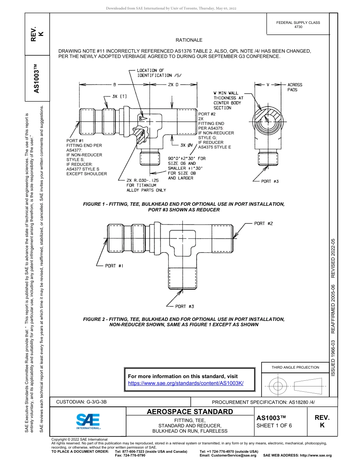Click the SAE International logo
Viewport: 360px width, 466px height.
coord(88,421)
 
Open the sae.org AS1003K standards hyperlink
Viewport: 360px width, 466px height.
coord(186,383)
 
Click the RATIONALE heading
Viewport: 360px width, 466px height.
coord(189,40)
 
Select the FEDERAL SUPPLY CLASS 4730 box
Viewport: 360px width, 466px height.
coord(298,25)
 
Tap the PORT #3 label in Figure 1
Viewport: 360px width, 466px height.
coord(270,181)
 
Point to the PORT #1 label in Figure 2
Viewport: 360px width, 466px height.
coord(114,266)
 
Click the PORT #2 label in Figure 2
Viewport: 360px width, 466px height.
coord(263,224)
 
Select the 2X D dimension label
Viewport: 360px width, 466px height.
coord(173,84)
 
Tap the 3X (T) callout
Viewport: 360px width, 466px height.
coord(119,96)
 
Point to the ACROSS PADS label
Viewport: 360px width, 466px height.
coord(295,88)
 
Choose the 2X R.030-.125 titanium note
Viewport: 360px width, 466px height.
coord(146,185)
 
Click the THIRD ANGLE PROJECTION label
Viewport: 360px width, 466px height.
coord(295,367)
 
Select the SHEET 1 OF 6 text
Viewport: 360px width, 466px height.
coord(274,425)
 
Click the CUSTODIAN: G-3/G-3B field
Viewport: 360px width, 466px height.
coord(84,402)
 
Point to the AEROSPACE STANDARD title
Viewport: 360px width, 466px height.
coord(190,411)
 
